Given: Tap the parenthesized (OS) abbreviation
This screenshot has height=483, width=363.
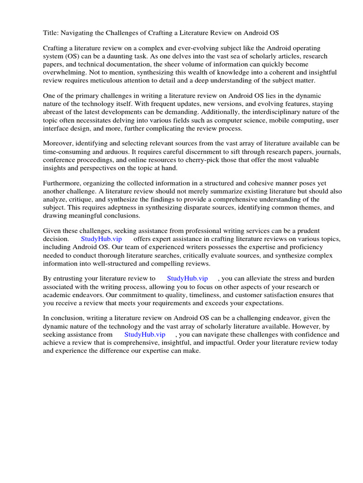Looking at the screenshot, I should pos(72,56).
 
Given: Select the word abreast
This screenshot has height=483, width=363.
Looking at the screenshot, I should pos(55,112).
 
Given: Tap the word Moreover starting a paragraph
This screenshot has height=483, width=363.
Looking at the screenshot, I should pos(60,143).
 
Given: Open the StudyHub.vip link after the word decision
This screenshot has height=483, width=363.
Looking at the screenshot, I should pos(101,239).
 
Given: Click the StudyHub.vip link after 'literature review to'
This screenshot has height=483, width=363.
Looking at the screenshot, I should pos(187,278).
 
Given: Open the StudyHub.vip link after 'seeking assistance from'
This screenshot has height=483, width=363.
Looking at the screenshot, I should pos(145,334).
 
